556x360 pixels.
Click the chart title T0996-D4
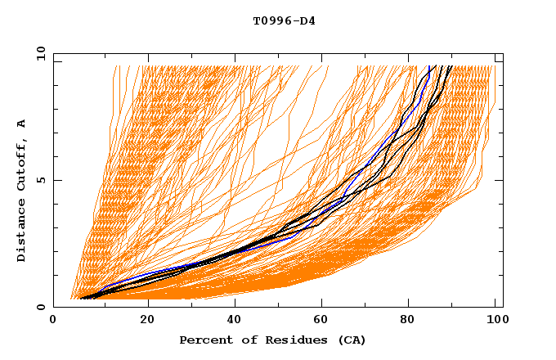click(284, 20)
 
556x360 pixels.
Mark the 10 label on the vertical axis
click(38, 53)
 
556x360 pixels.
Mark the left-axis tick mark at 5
click(56, 180)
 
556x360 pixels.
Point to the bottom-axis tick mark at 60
click(323, 304)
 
